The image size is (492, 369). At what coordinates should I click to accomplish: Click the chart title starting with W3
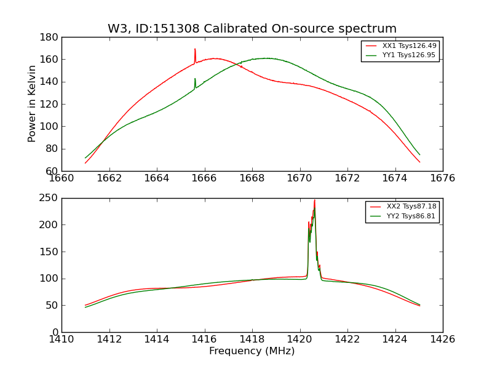click(x=252, y=29)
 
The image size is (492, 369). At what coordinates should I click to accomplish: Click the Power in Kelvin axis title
click(x=32, y=103)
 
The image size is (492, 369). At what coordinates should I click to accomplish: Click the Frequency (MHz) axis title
click(x=252, y=351)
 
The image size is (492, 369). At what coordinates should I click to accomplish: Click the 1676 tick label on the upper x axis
click(x=443, y=178)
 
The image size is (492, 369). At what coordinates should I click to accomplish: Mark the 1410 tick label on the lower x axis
click(x=61, y=339)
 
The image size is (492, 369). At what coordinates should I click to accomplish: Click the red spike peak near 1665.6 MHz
click(x=195, y=49)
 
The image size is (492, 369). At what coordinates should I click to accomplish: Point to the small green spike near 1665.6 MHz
click(x=195, y=79)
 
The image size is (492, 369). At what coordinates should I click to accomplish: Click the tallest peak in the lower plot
click(x=314, y=200)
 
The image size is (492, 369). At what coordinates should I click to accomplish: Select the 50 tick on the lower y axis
click(x=52, y=306)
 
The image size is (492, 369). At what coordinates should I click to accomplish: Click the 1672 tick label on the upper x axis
click(x=347, y=178)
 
